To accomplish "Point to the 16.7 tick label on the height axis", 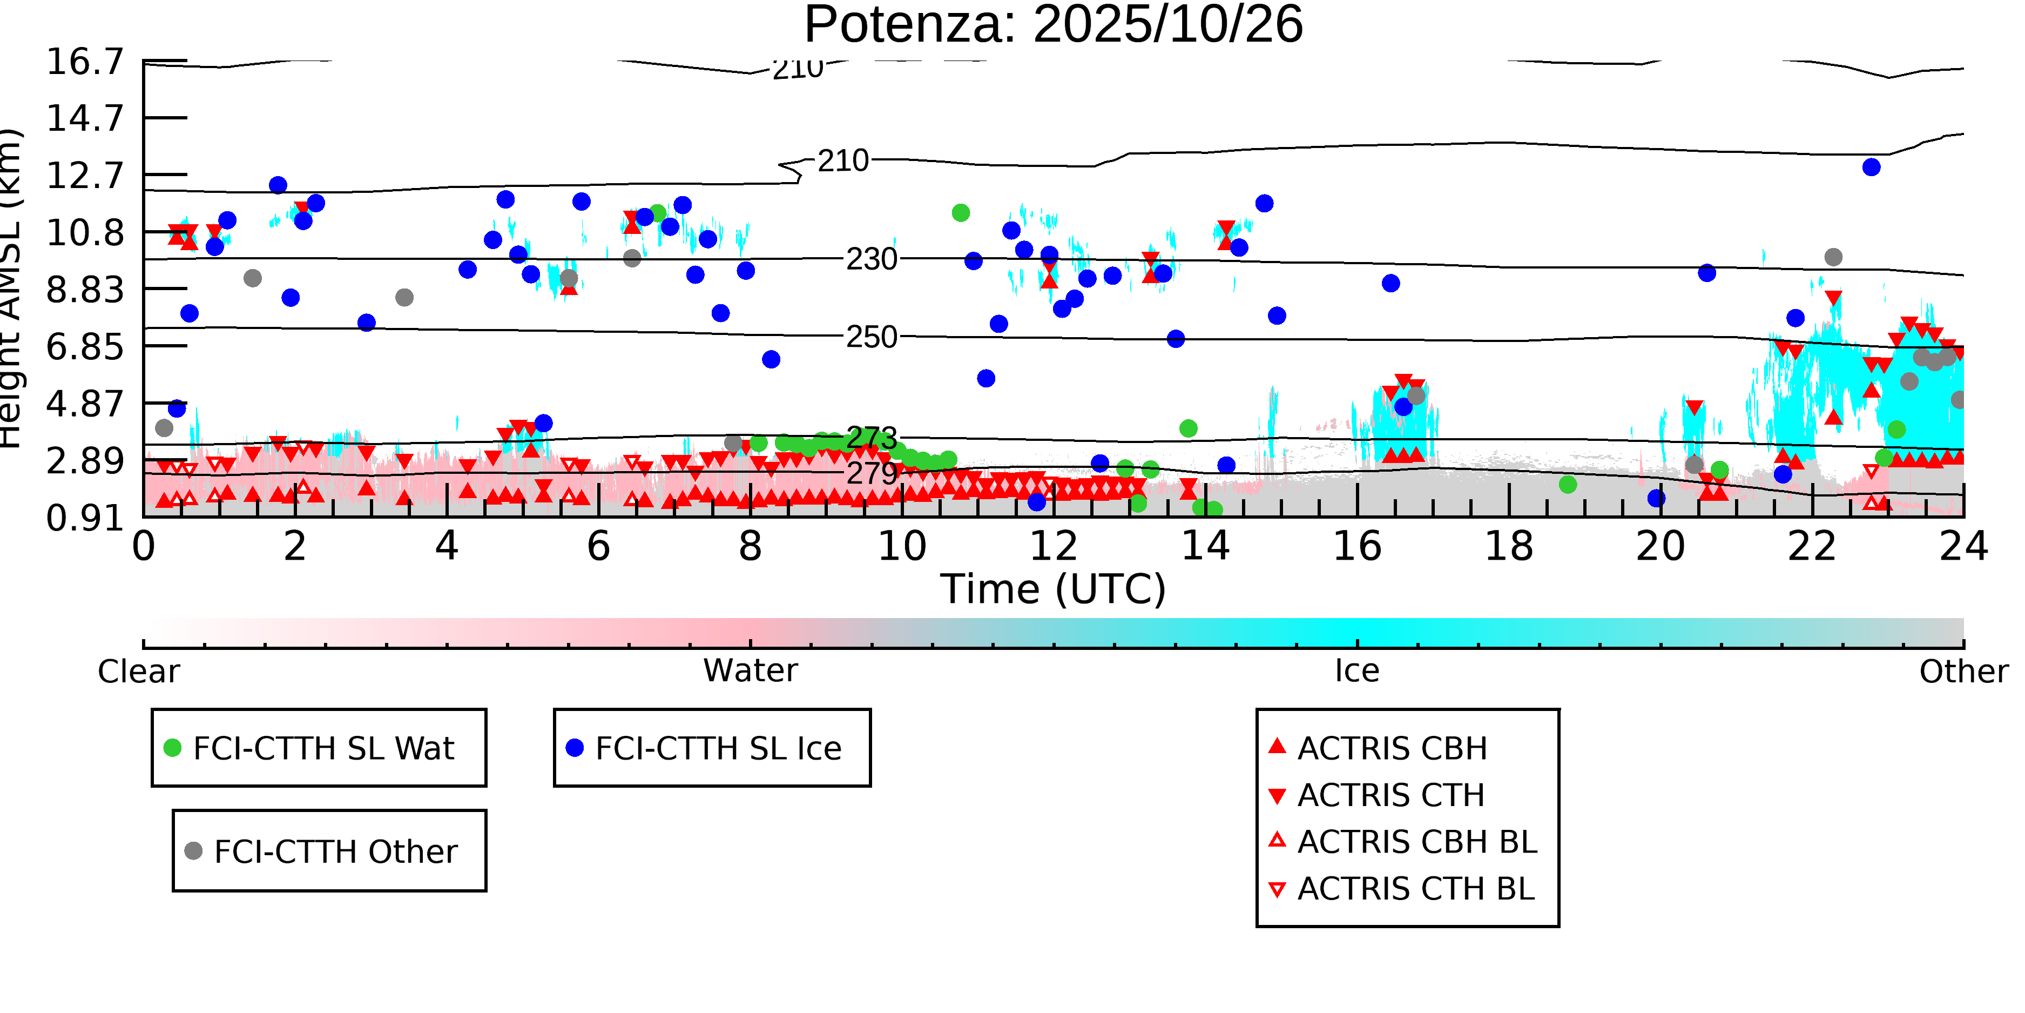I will pos(85,62).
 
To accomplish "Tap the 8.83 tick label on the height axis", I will pos(85,290).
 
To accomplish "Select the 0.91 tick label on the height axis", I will pos(85,518).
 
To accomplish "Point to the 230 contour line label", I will pos(871,259).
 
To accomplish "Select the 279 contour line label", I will pos(871,473).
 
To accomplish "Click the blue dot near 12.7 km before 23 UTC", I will pos(1871,167).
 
